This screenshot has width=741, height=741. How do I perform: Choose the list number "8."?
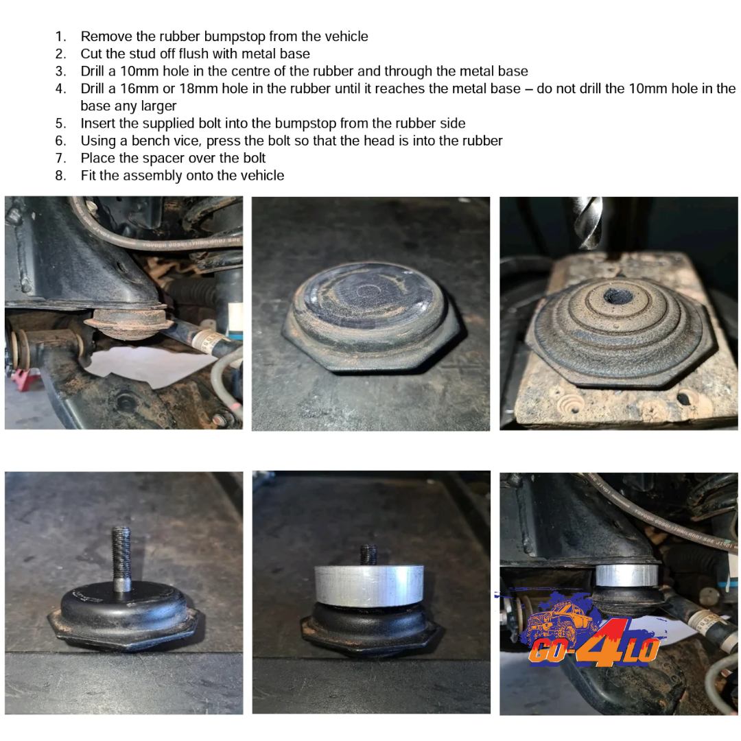[60, 176]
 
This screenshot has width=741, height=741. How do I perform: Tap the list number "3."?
[60, 71]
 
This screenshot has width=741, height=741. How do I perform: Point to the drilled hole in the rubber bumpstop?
[618, 296]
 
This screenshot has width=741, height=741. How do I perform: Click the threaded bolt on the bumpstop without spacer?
[121, 558]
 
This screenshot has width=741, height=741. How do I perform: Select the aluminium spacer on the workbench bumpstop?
[369, 585]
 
